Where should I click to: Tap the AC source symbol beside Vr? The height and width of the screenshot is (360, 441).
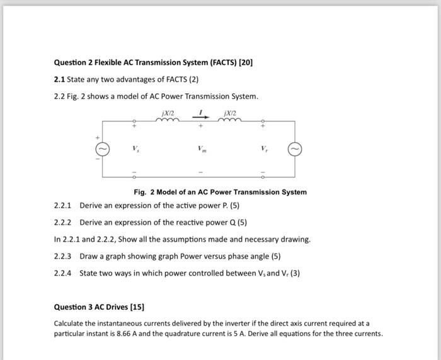coord(294,149)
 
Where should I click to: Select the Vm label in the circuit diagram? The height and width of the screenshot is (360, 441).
coord(201,150)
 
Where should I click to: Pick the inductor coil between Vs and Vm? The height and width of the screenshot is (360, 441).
coord(167,122)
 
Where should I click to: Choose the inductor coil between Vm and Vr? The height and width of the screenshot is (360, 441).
coord(231,122)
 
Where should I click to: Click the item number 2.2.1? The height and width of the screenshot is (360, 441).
coord(63,206)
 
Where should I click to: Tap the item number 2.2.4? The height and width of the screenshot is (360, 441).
coord(63,273)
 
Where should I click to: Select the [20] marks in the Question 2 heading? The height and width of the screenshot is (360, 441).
coord(245,63)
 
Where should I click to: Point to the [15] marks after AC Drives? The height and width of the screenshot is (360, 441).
coord(137,307)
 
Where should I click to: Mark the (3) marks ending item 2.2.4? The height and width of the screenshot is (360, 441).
coord(295,273)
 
